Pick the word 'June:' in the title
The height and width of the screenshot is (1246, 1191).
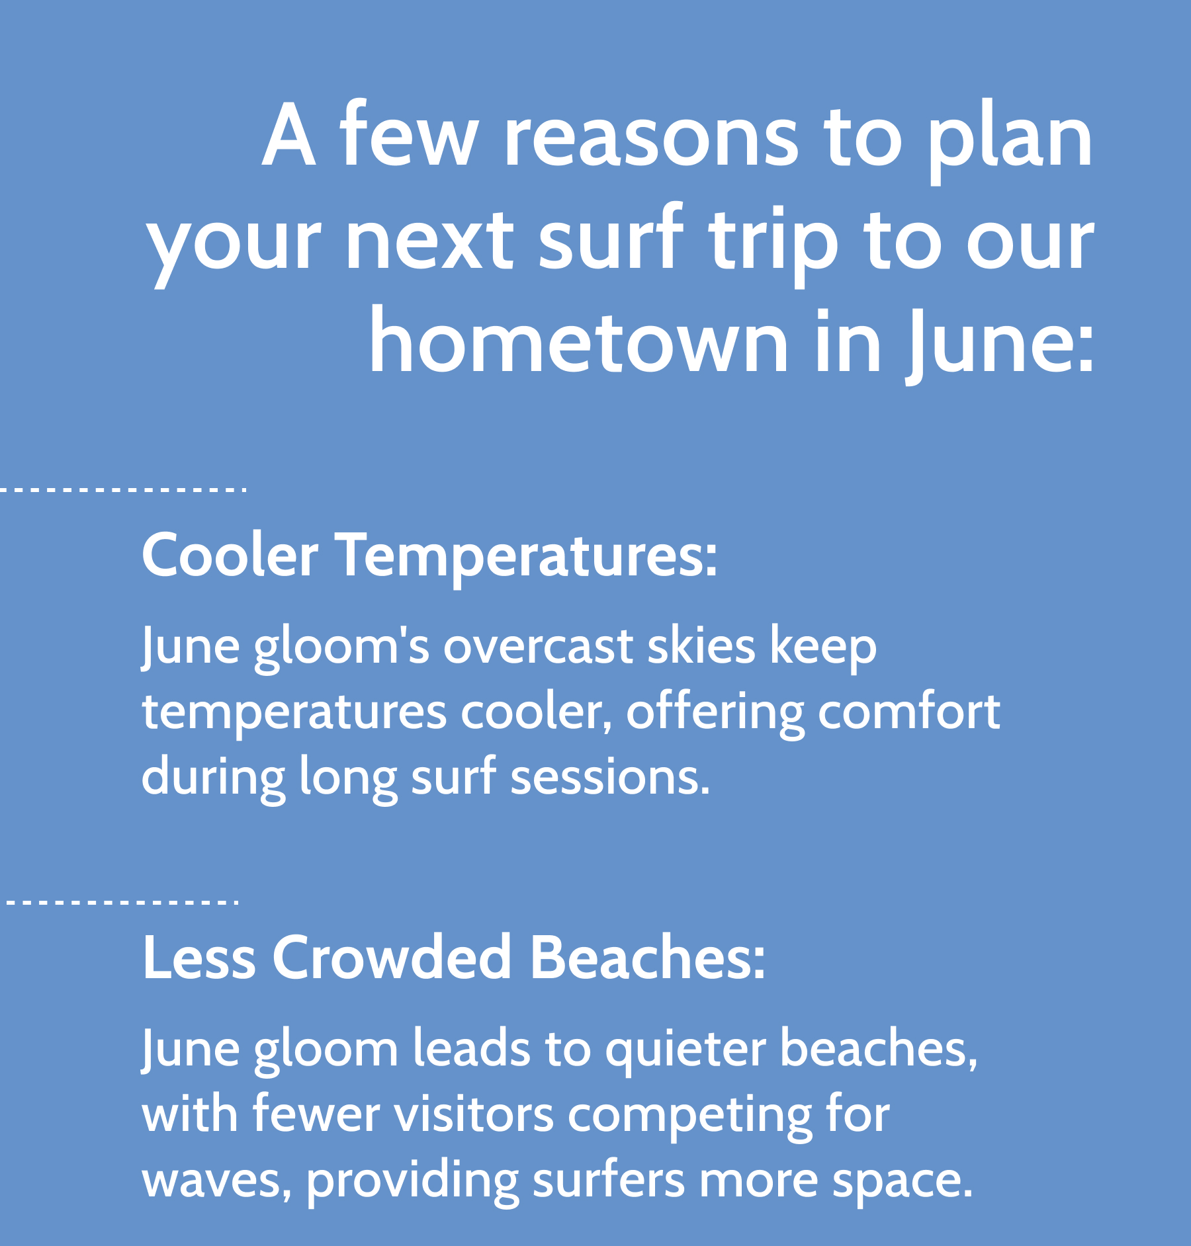click(999, 344)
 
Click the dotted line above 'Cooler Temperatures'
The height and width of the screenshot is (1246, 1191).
click(123, 490)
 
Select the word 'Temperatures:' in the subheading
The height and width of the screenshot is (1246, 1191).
click(528, 557)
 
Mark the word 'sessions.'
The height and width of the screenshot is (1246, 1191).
click(611, 778)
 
